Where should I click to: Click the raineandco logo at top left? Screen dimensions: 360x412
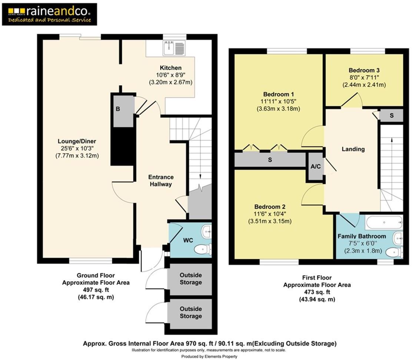click(x=50, y=14)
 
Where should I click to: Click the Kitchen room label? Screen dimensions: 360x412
click(x=171, y=68)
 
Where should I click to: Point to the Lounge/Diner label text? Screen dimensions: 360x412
click(x=77, y=141)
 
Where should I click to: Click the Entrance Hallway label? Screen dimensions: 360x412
click(x=161, y=181)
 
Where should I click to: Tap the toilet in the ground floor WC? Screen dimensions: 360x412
click(x=203, y=249)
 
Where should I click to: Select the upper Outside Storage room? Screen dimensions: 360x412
click(x=190, y=279)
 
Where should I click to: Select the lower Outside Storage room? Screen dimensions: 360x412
click(x=190, y=313)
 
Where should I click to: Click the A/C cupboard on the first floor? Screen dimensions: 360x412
click(x=316, y=167)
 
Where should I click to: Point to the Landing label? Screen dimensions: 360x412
click(x=353, y=149)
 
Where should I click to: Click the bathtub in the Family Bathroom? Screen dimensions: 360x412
click(x=383, y=222)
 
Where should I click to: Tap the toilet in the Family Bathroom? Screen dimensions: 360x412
click(x=395, y=252)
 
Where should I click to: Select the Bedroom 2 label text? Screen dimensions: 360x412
click(x=269, y=207)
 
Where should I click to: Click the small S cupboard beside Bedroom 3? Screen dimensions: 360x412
click(x=391, y=115)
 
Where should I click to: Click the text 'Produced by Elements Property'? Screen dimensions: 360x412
click(x=209, y=356)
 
